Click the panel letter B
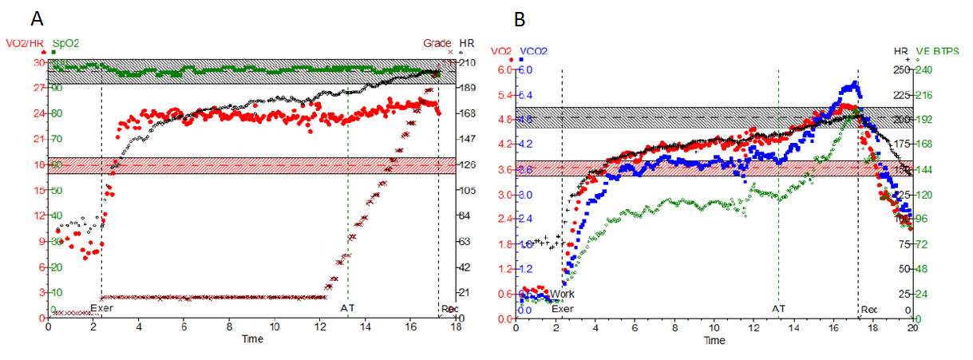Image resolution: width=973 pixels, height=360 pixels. (x=520, y=18)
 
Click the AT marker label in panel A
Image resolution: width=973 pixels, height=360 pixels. (x=347, y=307)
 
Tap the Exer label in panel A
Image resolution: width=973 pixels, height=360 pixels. (x=101, y=307)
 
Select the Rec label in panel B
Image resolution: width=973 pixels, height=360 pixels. (x=868, y=308)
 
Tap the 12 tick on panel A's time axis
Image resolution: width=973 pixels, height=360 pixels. (x=320, y=327)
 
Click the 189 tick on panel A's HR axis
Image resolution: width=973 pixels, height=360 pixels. (x=468, y=89)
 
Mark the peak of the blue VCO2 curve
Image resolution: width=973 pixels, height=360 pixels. (x=855, y=83)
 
